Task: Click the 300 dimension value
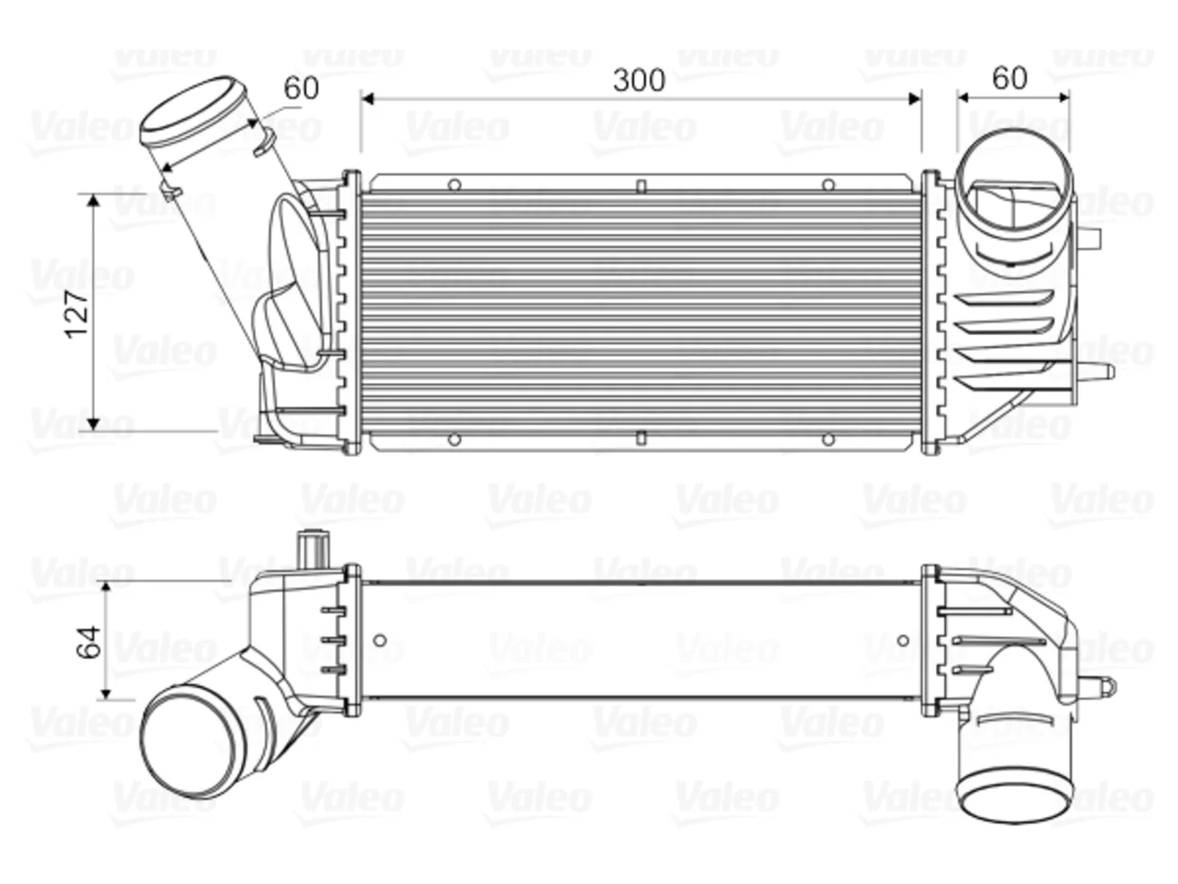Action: point(639,80)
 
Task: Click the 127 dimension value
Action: point(76,314)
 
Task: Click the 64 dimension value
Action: point(88,641)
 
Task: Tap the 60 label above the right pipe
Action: point(1010,78)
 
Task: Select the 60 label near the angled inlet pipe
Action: point(301,88)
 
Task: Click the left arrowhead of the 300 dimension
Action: point(367,99)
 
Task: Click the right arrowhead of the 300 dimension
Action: point(915,99)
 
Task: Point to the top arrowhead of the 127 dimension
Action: point(93,200)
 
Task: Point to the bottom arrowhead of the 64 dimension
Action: point(106,693)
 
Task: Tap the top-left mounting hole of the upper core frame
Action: point(454,185)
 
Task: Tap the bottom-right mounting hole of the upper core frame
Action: point(828,440)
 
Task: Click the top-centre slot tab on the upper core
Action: point(641,186)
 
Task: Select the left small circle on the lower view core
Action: point(380,640)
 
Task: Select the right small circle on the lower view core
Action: point(903,640)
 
